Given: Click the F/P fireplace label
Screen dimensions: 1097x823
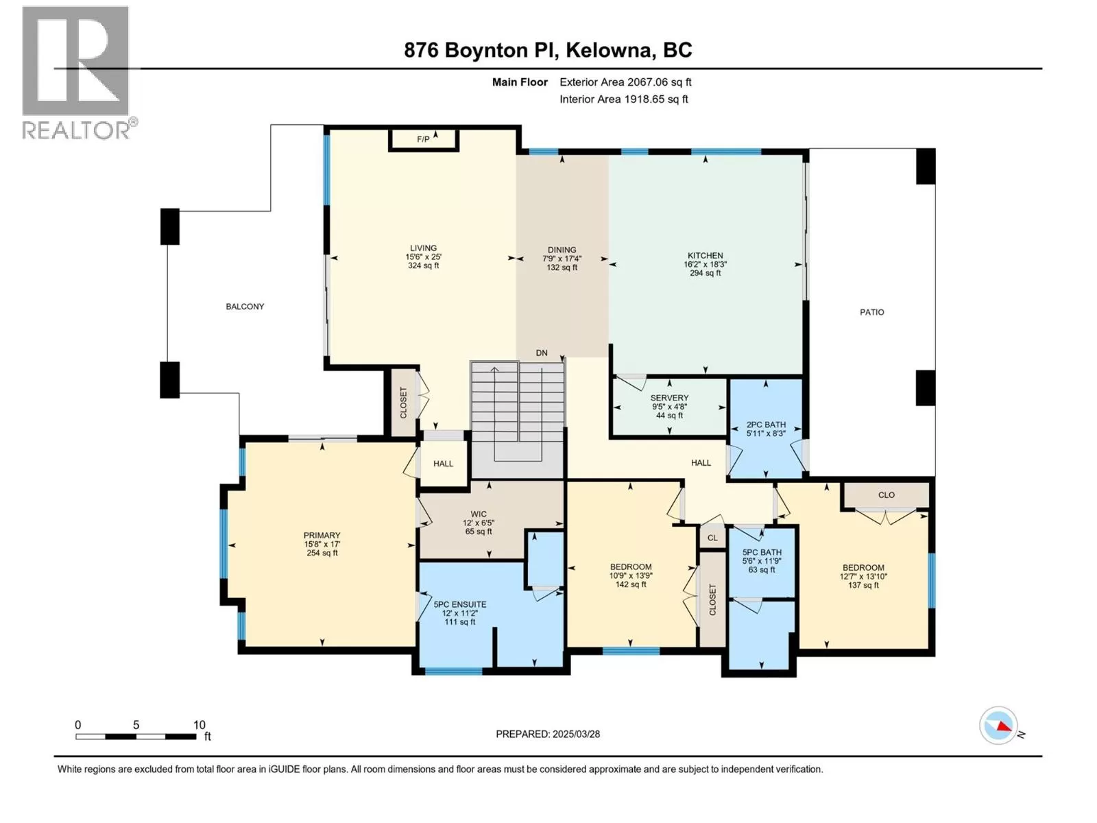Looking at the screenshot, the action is [423, 139].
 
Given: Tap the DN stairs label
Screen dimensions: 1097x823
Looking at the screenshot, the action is [541, 353].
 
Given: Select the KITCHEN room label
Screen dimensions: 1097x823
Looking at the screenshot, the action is [706, 255].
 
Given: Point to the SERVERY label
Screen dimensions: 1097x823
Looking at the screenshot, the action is [669, 398].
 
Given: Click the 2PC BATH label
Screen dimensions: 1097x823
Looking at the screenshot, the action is [766, 425].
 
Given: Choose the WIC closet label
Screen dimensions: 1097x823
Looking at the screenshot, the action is [479, 514].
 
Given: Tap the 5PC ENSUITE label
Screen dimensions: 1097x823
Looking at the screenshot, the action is [460, 604].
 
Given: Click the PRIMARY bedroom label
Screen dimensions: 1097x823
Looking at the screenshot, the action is [322, 535].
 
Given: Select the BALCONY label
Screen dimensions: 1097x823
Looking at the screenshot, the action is [245, 307].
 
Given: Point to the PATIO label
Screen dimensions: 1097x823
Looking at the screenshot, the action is [871, 312].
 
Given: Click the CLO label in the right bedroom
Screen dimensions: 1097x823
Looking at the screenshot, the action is [886, 494].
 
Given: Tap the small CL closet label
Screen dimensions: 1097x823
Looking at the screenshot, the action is [712, 538].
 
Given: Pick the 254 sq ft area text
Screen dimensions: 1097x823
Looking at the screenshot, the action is [322, 553].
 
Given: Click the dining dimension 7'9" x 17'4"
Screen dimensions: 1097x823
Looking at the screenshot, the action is [562, 259].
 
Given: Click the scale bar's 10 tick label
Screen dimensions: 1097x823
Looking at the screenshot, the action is [200, 725].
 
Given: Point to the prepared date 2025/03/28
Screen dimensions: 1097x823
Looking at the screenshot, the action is [576, 734].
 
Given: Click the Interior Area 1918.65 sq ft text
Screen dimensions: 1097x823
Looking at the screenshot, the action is [624, 99].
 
